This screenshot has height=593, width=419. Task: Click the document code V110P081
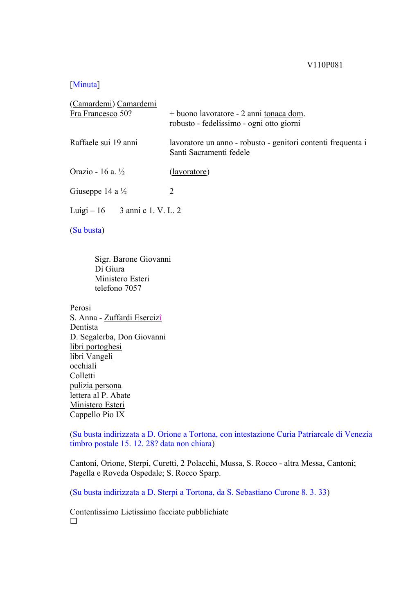click(324, 65)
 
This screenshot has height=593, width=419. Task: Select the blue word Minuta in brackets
click(85, 85)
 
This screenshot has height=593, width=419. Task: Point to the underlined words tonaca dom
click(284, 114)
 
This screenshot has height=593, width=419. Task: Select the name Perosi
click(80, 308)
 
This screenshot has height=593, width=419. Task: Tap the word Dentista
click(84, 327)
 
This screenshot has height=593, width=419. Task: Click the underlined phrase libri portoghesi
click(96, 347)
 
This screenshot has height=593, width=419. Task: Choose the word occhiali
click(83, 366)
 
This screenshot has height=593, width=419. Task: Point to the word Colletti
click(82, 376)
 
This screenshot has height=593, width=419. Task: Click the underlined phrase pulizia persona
click(95, 386)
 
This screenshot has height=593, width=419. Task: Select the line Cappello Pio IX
click(97, 415)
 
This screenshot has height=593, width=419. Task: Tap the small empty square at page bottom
click(74, 521)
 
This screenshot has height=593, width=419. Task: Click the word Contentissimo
click(94, 512)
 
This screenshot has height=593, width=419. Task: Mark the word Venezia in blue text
click(358, 434)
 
